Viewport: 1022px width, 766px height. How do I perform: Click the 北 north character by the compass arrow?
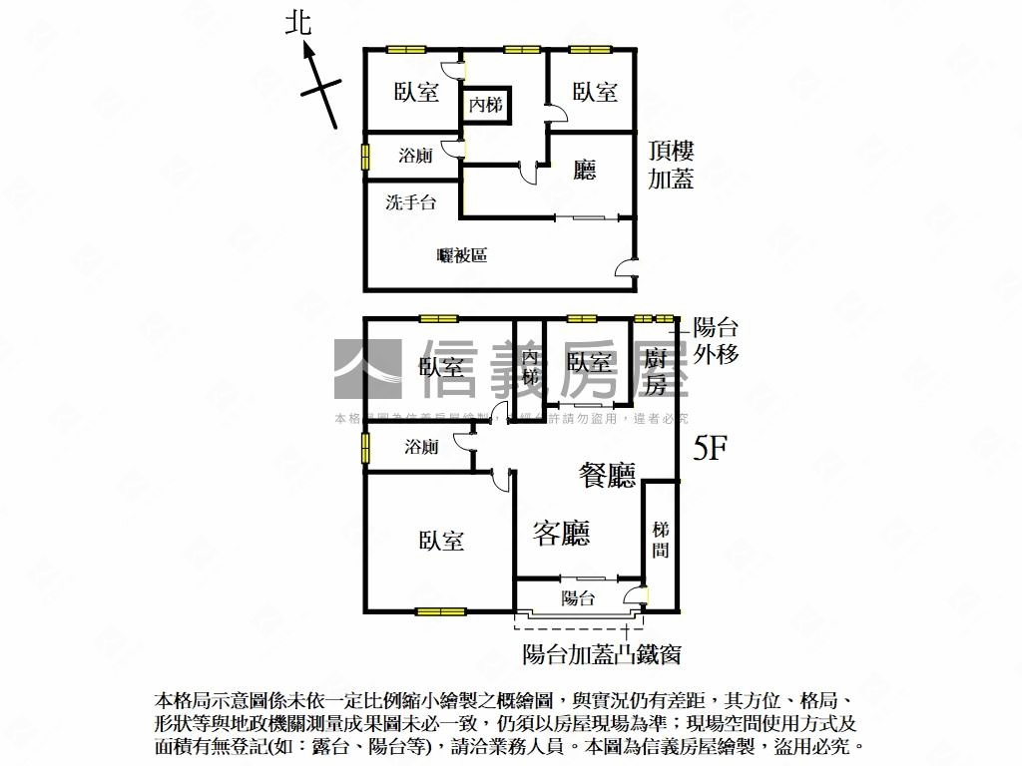298,23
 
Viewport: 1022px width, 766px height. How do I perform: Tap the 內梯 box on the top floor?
486,104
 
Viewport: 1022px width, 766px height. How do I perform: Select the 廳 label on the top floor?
585,170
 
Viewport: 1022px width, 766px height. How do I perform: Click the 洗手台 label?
411,202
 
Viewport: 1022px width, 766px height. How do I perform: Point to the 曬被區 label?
462,255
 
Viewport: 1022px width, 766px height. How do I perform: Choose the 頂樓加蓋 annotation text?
671,166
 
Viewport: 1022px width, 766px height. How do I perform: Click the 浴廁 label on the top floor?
415,156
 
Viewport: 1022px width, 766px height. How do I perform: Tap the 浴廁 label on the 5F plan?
421,447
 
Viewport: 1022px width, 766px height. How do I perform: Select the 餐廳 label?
608,476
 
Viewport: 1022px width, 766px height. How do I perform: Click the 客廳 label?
561,534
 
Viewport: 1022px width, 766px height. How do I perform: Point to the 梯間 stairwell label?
660,539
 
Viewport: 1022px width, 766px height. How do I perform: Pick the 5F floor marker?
711,449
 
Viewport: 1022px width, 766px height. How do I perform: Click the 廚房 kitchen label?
655,371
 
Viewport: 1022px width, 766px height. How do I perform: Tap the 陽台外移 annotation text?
716,340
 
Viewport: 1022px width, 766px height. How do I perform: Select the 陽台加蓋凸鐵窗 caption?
602,655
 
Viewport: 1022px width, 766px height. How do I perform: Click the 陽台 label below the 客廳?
578,598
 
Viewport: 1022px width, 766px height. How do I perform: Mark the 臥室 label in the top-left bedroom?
416,92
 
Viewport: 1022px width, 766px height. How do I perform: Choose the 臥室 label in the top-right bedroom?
595,92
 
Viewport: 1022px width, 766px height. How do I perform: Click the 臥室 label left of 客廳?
441,541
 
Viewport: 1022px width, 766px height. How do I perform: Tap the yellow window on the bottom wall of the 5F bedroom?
441,611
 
